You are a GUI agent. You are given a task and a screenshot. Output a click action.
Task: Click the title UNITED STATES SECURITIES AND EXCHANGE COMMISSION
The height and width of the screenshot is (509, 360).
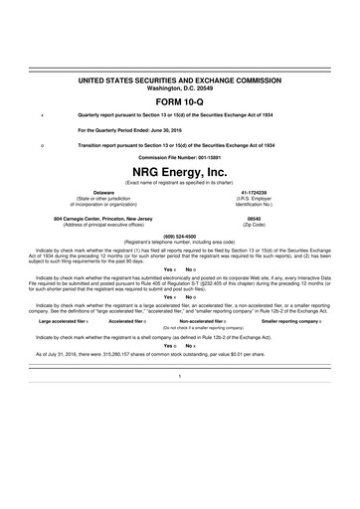(x=179, y=77)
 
